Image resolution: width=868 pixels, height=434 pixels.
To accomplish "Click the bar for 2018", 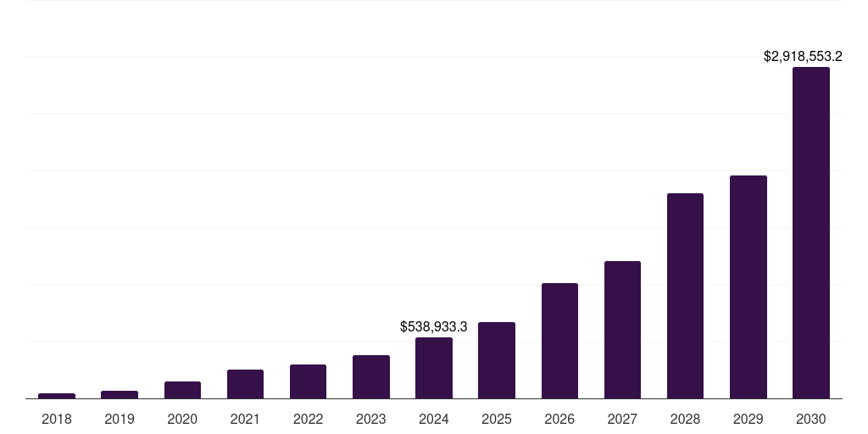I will click(57, 395).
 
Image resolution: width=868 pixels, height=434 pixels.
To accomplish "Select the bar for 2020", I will click(182, 390).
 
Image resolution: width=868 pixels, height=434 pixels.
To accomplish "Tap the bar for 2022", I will click(308, 381).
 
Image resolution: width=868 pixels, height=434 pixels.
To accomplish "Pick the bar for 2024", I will click(434, 368).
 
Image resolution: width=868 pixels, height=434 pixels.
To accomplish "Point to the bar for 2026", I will click(559, 341).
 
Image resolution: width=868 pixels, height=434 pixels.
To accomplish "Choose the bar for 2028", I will click(685, 296).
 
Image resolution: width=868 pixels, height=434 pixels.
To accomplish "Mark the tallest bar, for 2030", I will click(811, 233).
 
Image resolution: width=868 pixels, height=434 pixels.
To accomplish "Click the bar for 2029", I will click(748, 287).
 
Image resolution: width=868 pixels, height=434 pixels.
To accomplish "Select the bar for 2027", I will click(622, 330).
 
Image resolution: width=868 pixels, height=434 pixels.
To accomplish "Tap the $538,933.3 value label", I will click(434, 326).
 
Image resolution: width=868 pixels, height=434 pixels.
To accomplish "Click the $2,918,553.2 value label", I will click(803, 57).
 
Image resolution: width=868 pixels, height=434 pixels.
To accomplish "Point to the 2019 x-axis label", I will click(120, 419).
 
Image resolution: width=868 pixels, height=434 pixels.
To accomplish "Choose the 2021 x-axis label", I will click(245, 419).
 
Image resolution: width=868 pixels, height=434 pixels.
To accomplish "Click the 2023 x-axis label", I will click(371, 419).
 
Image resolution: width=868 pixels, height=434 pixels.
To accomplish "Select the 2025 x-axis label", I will click(497, 419).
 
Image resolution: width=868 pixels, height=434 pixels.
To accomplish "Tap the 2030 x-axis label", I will click(811, 419).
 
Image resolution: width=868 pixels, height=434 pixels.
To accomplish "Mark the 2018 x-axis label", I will click(57, 419).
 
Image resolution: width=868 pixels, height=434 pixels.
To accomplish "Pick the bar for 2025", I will click(497, 360).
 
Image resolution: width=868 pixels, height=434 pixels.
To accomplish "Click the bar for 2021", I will click(245, 384).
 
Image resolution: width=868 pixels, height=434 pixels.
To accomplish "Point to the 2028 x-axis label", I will click(685, 419).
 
